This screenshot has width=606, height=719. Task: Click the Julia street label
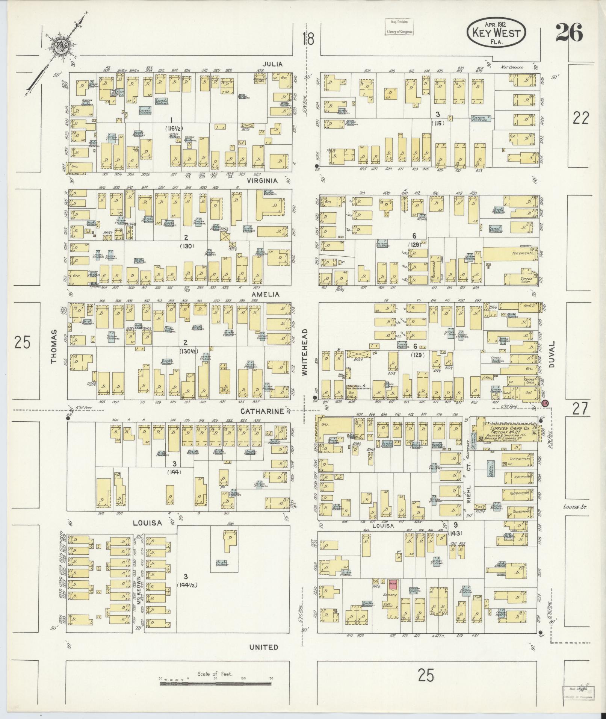272,64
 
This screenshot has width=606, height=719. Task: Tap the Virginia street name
262,181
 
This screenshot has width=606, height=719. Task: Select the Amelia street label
266,294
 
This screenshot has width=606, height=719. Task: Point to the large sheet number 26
569,33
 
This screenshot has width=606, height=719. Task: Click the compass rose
60,48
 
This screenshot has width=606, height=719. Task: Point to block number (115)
438,123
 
